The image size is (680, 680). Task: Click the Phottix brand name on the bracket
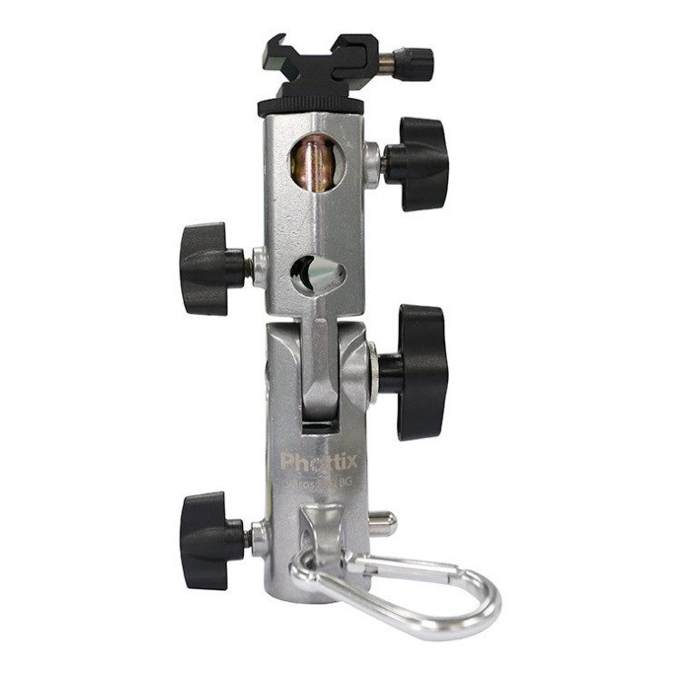point(318,461)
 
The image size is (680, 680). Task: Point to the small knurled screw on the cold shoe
point(418,63)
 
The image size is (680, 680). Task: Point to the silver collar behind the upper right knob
point(371,163)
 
